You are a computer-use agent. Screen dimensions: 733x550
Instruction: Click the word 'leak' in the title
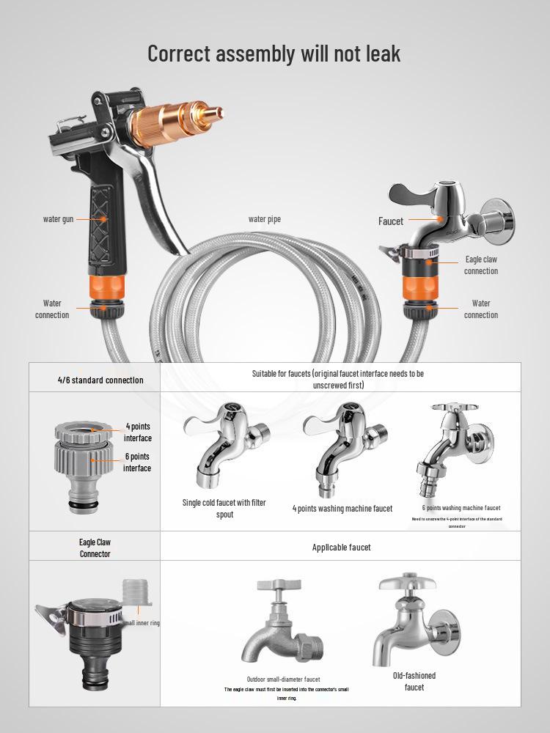[375, 54]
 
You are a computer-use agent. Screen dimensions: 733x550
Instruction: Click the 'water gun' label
[57, 219]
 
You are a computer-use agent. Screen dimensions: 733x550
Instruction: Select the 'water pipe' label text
[264, 219]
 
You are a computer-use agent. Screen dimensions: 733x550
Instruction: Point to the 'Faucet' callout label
[391, 221]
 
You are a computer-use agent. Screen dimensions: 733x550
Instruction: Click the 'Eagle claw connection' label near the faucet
[480, 265]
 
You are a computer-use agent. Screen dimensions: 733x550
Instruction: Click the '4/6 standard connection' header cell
[95, 380]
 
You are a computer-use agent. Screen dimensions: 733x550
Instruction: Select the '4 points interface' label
[138, 432]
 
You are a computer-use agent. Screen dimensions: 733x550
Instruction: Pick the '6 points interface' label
[137, 463]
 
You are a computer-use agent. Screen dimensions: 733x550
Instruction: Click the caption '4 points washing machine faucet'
[342, 509]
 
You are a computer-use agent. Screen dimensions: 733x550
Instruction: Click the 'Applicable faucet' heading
[341, 548]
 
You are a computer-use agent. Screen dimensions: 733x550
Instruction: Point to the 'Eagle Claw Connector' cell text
[95, 548]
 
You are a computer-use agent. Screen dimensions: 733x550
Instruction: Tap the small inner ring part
[136, 592]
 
